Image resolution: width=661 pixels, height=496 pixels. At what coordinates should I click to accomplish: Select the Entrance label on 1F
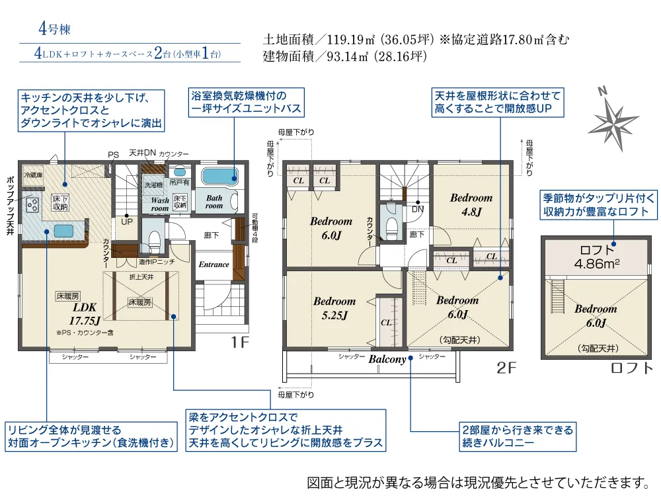tap(214, 265)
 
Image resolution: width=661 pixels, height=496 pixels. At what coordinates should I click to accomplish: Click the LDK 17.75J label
tap(85, 315)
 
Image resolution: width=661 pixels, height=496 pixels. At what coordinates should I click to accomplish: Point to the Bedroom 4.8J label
tap(471, 204)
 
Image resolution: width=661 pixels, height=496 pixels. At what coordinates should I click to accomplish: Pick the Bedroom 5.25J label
tap(334, 308)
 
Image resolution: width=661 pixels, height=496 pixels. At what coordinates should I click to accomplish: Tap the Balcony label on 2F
tap(387, 359)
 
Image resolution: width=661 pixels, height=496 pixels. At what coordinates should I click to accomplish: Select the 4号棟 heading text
tap(54, 29)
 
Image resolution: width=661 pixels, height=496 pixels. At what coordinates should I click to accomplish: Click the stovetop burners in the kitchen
tap(31, 205)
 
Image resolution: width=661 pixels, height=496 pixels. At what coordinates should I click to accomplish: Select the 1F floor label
tap(239, 343)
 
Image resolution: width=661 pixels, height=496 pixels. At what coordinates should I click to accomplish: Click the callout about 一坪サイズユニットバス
tap(245, 103)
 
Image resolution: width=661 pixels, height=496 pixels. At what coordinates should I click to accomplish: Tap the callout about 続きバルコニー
tap(516, 436)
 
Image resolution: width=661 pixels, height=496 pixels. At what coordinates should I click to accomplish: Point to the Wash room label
tap(160, 204)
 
